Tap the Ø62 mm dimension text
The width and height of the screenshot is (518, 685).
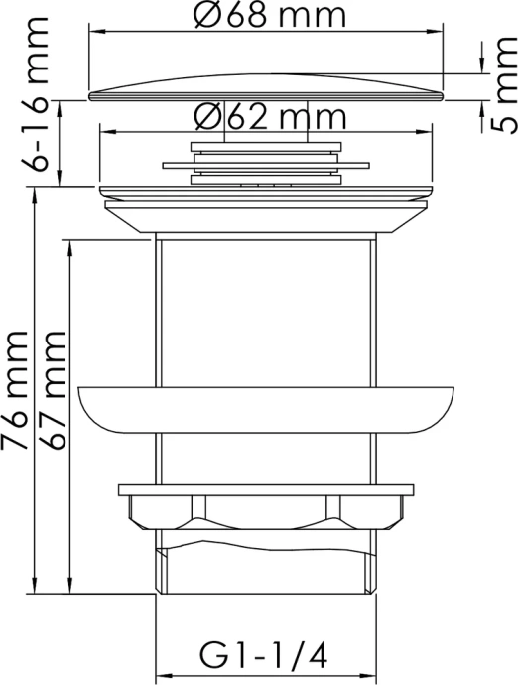pos(270,117)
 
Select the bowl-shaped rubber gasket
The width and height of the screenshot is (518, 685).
pos(266,407)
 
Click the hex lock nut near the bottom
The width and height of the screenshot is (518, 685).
pos(266,511)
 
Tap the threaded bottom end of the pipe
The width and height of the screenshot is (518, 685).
pos(266,566)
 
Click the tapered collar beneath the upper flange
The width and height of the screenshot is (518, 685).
pos(266,215)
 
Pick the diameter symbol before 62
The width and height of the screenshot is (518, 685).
pos(206,117)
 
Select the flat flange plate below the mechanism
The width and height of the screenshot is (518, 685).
pos(266,190)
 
